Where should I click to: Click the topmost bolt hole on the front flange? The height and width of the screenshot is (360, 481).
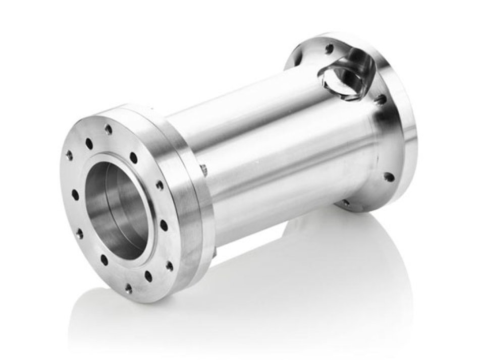pos(108,129)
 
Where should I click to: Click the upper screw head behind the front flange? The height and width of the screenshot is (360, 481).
pos(203,170)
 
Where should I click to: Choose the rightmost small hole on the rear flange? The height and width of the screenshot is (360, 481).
pos(388,177)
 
